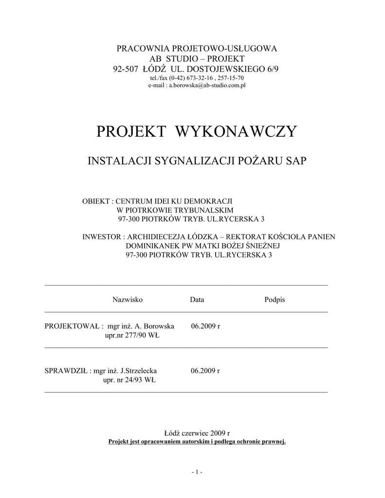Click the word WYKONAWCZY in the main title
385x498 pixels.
click(235, 131)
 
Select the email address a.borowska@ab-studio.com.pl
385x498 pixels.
click(207, 85)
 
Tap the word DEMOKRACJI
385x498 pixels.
click(214, 201)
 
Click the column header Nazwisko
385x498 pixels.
click(128, 300)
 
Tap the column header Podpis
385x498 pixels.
click(275, 300)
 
